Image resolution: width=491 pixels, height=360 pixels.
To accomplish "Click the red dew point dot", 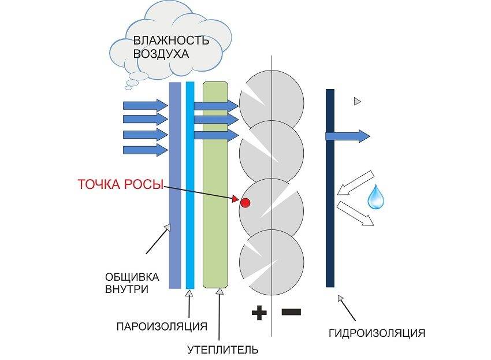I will [x=245, y=203].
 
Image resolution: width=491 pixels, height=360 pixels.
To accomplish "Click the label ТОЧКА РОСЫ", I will [x=120, y=185].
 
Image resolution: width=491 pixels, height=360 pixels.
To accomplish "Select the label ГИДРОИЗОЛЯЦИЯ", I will [x=377, y=333].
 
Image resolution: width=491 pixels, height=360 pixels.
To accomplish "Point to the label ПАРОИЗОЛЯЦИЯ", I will [x=161, y=326].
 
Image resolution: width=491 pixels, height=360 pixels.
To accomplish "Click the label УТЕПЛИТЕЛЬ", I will [x=222, y=349].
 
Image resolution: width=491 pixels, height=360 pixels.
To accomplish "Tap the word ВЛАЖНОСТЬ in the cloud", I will [x=170, y=41].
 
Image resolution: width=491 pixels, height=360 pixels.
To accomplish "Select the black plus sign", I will [x=259, y=313].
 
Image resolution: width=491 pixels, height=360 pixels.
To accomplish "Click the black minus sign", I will [x=291, y=312].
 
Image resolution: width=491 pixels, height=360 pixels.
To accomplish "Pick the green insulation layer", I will [x=216, y=185].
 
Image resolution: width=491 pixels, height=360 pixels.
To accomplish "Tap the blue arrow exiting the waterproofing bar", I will [x=348, y=136].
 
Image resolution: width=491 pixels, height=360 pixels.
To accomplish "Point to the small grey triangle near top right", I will [x=357, y=102].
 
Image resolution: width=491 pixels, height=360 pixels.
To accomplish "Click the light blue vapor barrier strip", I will [x=190, y=185].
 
